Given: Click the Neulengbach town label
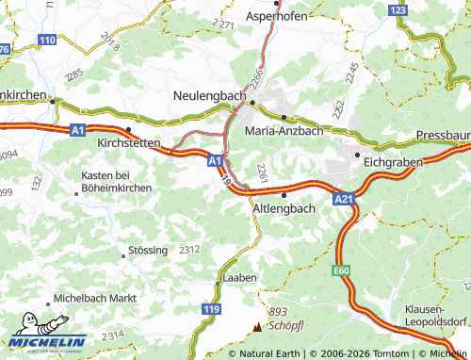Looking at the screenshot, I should [209, 96].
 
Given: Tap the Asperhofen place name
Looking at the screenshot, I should [277, 17].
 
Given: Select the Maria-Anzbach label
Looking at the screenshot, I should [284, 131].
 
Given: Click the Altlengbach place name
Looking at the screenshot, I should [284, 207].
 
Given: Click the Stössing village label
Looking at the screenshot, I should [145, 252].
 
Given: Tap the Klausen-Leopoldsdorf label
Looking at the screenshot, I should [437, 314].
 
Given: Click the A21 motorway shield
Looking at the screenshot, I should [343, 200].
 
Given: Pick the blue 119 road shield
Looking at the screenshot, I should [213, 308].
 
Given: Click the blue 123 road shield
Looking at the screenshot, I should [399, 9].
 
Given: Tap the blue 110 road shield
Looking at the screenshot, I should [47, 39].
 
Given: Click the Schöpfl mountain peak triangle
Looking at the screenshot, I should [258, 327].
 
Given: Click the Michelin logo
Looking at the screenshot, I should [47, 341].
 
